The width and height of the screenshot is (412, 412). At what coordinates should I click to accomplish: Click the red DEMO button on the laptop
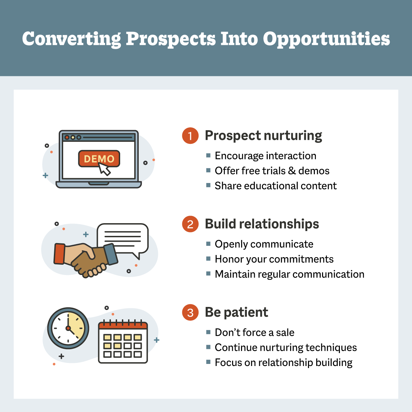[x=99, y=159]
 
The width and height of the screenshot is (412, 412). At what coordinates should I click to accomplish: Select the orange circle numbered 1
[x=190, y=136]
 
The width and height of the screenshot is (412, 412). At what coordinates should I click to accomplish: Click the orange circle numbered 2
[x=190, y=224]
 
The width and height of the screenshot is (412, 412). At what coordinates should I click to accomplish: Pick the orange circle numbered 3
[x=190, y=312]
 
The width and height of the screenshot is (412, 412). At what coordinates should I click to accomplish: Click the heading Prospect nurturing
[x=263, y=136]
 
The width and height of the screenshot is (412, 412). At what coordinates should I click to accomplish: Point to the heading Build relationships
[x=262, y=224]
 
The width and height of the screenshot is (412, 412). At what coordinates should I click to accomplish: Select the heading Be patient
[x=236, y=312]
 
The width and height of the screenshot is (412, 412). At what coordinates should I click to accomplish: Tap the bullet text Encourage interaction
[x=265, y=156]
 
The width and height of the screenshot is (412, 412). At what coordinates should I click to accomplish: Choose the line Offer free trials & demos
[x=272, y=171]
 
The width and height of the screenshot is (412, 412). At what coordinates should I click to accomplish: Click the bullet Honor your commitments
[x=274, y=259]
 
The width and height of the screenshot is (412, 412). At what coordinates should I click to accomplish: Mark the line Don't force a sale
[x=254, y=333]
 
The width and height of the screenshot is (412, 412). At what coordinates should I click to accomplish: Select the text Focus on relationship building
[x=284, y=363]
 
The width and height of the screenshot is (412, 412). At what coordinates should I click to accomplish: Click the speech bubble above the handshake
[x=123, y=238]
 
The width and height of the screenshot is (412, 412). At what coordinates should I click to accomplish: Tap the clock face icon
[x=68, y=328]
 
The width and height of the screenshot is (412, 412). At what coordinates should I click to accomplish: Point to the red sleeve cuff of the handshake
[x=59, y=254]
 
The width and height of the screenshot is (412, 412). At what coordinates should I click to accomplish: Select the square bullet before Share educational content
[x=208, y=185]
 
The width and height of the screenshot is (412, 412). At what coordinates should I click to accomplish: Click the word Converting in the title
[x=71, y=39]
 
